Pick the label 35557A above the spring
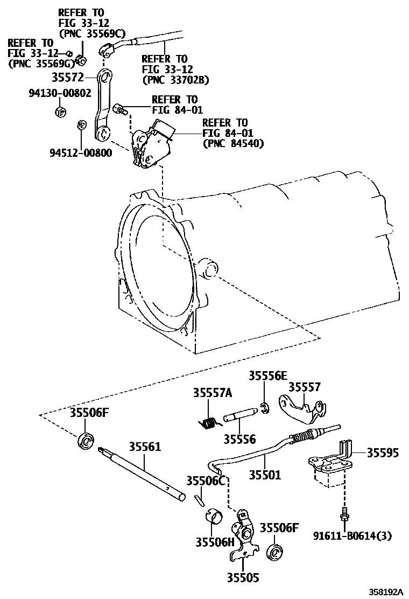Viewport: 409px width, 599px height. coord(212,394)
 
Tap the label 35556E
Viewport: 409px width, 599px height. coord(267,376)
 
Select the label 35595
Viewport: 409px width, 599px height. coord(383,453)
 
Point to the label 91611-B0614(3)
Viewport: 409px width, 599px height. coord(353,535)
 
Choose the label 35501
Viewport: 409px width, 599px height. coord(265,475)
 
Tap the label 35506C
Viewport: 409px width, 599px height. coord(205,480)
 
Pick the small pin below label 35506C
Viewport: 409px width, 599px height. coord(199,499)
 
